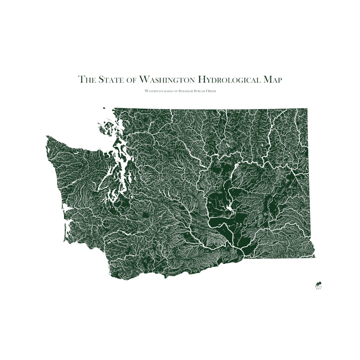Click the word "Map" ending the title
tap(273, 80)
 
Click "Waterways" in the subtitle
tap(153, 91)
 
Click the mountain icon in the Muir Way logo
tap(318, 283)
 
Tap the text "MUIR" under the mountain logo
tap(318, 287)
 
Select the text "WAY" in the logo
tap(318, 289)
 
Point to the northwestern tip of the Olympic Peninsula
tap(47, 137)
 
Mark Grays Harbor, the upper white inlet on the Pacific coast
tap(66, 208)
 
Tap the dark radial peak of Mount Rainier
tap(146, 216)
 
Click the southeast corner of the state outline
tap(315, 257)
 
